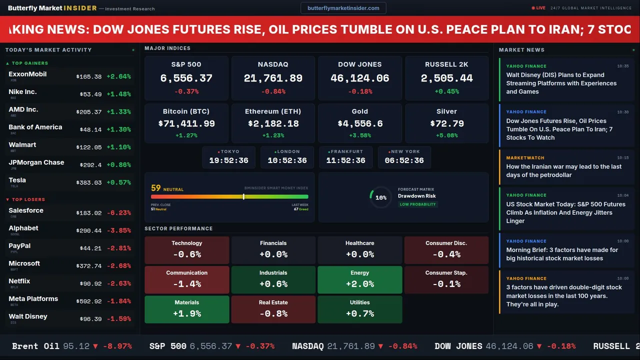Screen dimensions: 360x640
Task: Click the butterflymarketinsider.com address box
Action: click(x=343, y=8)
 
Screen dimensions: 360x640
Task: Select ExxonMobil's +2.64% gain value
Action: click(x=118, y=76)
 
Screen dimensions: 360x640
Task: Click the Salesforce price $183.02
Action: click(x=89, y=213)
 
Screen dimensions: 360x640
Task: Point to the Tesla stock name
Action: click(x=17, y=180)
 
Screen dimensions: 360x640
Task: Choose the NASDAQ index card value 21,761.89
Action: click(x=273, y=78)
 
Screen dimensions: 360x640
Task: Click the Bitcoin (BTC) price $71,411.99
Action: click(x=186, y=123)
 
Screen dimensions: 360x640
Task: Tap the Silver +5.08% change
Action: click(x=446, y=135)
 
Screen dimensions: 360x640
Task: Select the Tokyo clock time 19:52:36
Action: click(x=228, y=160)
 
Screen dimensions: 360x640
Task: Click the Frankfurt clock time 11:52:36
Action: click(x=345, y=160)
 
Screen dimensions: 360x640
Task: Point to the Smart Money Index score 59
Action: click(x=156, y=188)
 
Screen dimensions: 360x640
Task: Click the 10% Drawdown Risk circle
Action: click(x=380, y=197)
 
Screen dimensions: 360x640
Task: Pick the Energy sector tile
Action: click(x=359, y=279)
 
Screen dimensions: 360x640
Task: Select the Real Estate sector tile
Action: click(x=273, y=309)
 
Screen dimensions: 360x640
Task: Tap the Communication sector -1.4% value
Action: click(x=186, y=284)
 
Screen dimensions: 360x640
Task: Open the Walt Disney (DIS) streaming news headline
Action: click(x=561, y=83)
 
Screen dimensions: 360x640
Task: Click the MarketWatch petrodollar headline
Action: click(x=563, y=170)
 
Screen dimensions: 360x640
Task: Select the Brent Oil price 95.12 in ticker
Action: click(x=76, y=346)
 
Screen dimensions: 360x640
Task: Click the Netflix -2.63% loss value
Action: click(x=118, y=283)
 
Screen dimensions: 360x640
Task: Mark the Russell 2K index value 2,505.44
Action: click(x=446, y=78)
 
